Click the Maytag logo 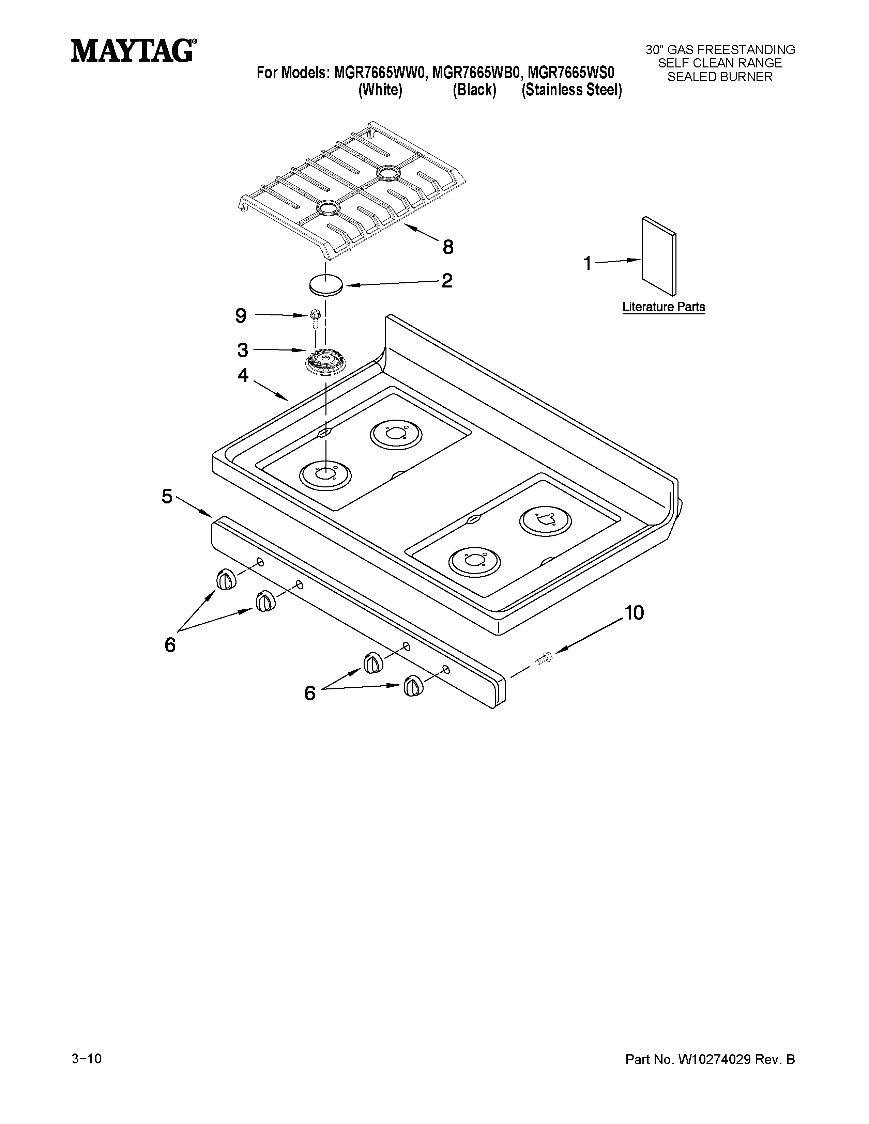133,51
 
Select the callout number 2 447,280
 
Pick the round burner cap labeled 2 326,285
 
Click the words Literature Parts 664,307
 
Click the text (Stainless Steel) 571,91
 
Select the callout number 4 243,375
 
